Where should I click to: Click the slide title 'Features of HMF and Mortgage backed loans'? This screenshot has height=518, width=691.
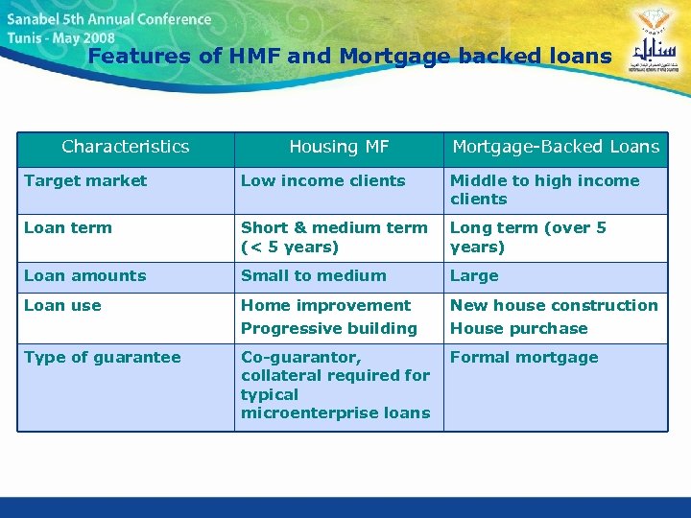pos(349,56)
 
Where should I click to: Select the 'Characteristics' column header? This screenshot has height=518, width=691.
pos(126,147)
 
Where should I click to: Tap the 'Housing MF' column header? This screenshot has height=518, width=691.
pos(339,147)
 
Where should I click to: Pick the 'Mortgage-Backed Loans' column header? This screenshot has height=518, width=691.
pos(556,147)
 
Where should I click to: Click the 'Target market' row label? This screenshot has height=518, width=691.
pos(85,180)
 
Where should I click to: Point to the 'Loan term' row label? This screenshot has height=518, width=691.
pos(68,227)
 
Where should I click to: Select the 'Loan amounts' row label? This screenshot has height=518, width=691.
pos(85,275)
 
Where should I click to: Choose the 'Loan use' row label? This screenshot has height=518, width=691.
pos(62,305)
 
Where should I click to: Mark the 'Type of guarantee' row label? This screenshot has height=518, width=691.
pos(103,357)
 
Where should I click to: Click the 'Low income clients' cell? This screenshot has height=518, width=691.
pos(323,180)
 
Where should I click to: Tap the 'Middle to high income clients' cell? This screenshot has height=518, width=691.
pos(544,189)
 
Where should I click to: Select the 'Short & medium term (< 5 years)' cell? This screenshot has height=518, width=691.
pos(334,237)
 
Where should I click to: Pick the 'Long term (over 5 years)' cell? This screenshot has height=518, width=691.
pos(529,237)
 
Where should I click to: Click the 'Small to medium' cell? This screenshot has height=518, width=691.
pos(314,275)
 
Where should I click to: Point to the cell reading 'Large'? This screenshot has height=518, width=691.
pos(474,275)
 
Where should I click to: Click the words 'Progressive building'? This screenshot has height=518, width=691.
pos(329,328)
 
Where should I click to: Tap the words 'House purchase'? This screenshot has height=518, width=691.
pos(519,328)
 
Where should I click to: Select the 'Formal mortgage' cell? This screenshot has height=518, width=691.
pos(524,357)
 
